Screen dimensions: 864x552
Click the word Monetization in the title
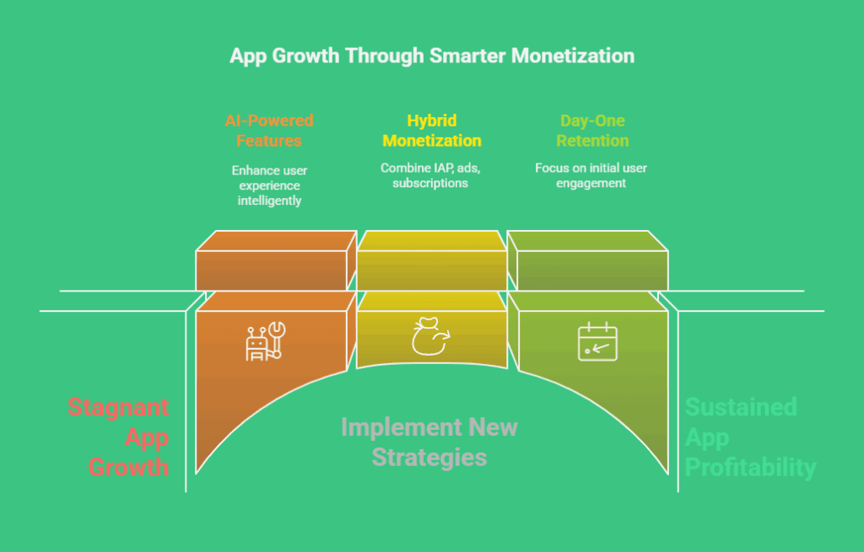[x=573, y=56]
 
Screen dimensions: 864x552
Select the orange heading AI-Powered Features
[x=269, y=131]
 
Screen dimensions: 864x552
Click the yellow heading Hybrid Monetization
[x=432, y=131]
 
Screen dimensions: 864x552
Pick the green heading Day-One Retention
[x=592, y=131]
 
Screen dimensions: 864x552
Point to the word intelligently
[x=269, y=201]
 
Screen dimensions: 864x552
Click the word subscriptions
[x=430, y=183]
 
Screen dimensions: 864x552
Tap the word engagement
[x=591, y=183]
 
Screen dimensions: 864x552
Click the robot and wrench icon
[x=266, y=341]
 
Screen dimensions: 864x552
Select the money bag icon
[x=431, y=336]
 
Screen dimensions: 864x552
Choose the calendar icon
[x=597, y=341]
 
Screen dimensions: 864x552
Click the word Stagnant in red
[x=118, y=408]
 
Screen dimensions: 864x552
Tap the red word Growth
[x=128, y=467]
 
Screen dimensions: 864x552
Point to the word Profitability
[x=750, y=468]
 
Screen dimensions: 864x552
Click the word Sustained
[x=741, y=407]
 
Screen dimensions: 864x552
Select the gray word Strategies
[x=429, y=458]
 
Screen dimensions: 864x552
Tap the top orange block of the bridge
[x=277, y=260]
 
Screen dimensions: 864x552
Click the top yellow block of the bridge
[x=432, y=260]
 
